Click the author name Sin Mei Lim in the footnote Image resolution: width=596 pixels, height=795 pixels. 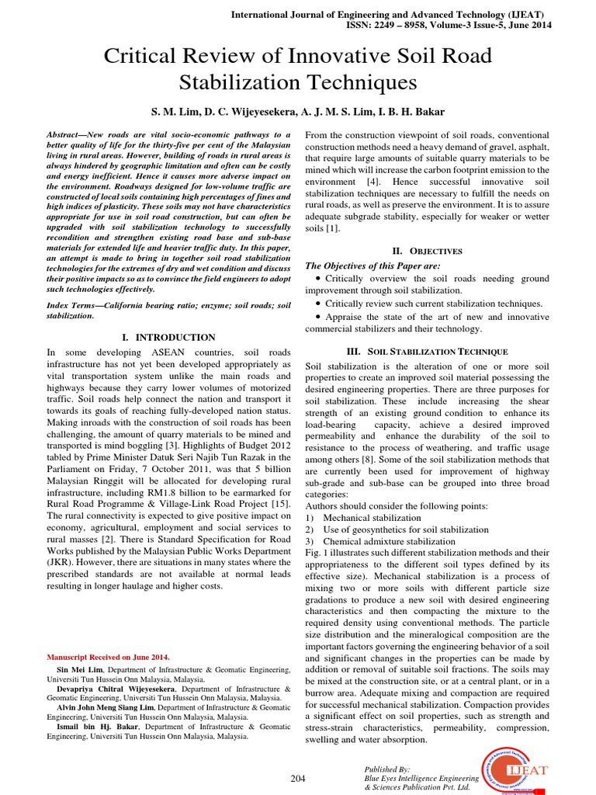pyautogui.click(x=81, y=668)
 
